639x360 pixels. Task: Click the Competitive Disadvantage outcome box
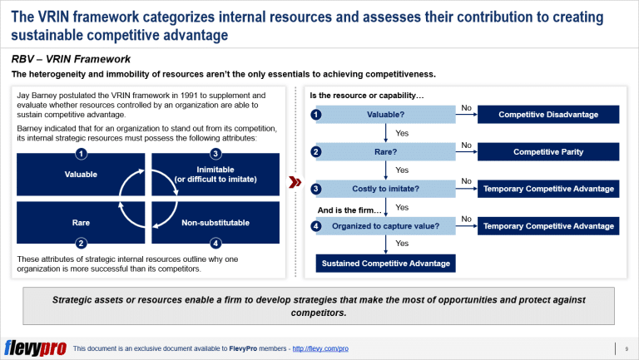click(x=549, y=115)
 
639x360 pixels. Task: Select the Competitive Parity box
click(x=549, y=151)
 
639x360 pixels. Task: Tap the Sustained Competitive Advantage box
click(x=385, y=264)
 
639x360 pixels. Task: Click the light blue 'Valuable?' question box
click(x=385, y=115)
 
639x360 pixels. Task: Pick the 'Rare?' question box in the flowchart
click(x=385, y=151)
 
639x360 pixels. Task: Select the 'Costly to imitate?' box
click(x=385, y=189)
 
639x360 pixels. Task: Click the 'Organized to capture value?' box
click(x=385, y=226)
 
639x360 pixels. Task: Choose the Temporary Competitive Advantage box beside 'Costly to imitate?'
click(x=549, y=189)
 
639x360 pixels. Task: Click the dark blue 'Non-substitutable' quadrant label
click(x=215, y=223)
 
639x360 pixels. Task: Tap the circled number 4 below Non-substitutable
click(x=215, y=244)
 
